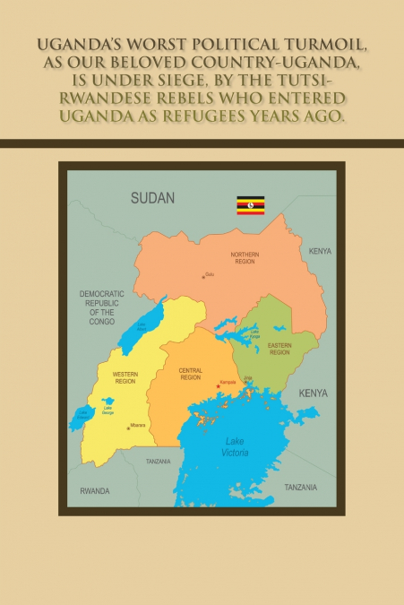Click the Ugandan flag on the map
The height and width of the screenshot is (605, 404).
[x=250, y=205]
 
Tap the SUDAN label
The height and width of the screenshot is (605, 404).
[x=152, y=198]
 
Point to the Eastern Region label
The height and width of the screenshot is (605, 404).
[x=279, y=350]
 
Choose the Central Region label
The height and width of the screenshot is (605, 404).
[x=191, y=374]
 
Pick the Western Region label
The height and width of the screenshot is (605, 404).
[x=125, y=378]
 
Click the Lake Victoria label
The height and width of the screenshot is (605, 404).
[x=235, y=445]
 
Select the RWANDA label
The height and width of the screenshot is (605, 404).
[x=94, y=491]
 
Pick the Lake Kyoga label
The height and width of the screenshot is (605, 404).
[x=255, y=333]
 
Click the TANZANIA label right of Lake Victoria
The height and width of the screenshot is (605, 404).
[x=300, y=488]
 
